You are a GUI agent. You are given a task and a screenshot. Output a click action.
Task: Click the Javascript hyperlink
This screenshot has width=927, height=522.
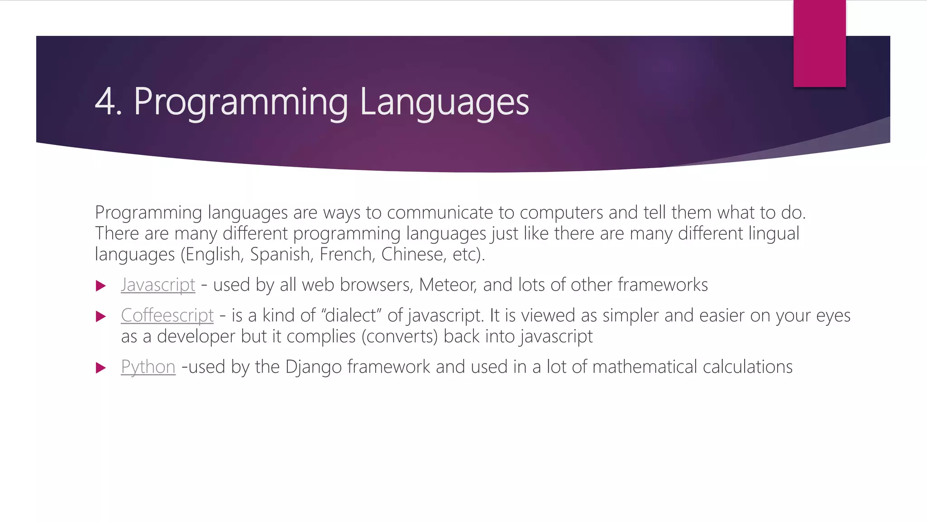click(158, 285)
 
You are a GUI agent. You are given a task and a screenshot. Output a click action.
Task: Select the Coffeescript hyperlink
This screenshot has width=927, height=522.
click(167, 315)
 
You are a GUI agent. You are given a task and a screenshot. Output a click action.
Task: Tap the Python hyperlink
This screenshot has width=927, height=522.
click(148, 367)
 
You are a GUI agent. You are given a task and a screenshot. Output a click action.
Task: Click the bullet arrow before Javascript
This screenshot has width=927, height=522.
click(101, 286)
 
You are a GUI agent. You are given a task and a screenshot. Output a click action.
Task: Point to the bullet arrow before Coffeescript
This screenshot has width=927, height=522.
click(101, 316)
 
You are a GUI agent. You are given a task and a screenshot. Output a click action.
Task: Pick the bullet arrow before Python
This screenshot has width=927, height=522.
click(101, 368)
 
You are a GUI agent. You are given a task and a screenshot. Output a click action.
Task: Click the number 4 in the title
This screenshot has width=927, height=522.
click(105, 102)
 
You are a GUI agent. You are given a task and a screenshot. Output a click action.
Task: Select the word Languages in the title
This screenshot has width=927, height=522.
click(444, 102)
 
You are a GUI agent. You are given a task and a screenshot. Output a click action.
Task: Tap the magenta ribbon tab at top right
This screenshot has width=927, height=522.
click(819, 43)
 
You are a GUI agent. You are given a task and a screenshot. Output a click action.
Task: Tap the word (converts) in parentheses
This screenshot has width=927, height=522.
click(399, 337)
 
